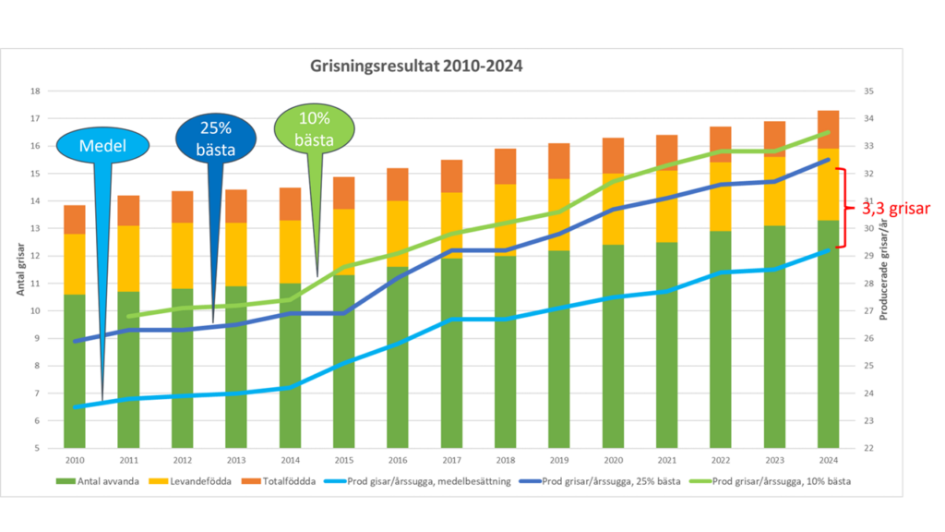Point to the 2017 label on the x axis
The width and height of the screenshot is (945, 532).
451,459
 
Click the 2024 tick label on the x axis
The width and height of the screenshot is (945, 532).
828,459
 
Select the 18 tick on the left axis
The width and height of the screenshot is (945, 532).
35,91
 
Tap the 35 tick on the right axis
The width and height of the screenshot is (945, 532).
868,91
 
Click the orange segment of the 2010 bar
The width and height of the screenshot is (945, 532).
76,220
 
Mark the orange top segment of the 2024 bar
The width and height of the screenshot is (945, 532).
828,129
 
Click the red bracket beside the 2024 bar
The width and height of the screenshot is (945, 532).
840,208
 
